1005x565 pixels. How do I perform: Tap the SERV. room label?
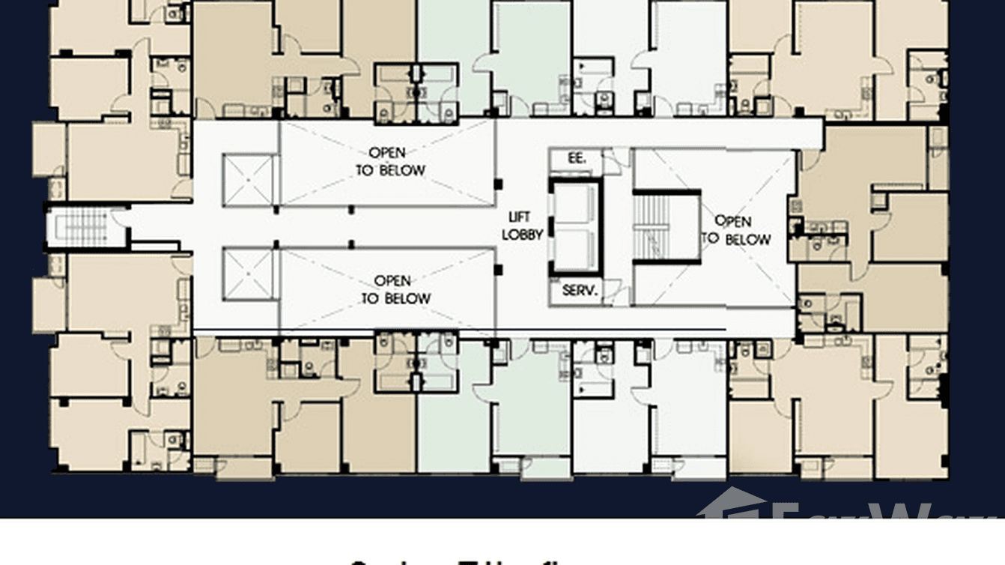pos(579,291)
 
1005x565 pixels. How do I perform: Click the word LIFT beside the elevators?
pos(520,217)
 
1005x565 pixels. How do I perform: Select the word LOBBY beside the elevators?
pos(522,234)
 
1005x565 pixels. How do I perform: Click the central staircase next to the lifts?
pos(666,226)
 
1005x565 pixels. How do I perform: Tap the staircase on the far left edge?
pos(80,227)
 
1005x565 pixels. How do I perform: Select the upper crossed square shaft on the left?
pos(249,181)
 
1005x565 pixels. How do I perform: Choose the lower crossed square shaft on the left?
pos(249,274)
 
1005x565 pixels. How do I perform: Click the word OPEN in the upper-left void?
pos(387,154)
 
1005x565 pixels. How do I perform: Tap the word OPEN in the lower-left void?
pos(392,281)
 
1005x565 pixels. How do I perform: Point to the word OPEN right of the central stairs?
pos(732,221)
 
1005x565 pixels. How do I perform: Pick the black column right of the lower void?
pos(499,270)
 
